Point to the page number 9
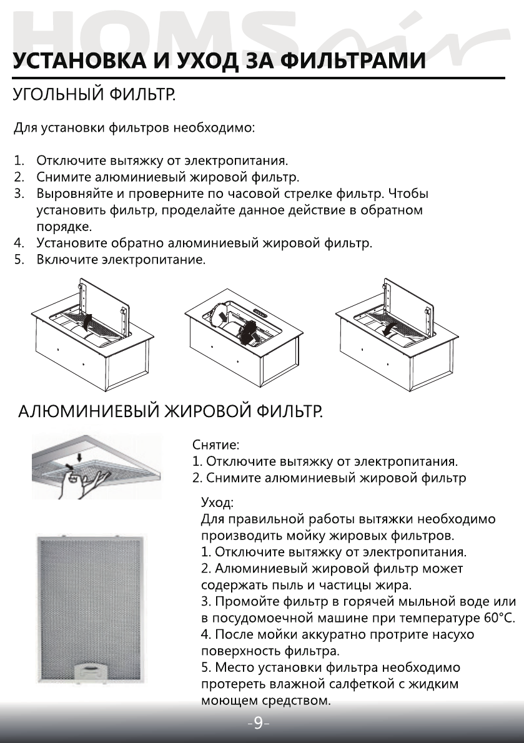tap(258, 724)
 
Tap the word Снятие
tap(215, 446)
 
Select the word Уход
tap(217, 503)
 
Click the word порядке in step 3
tap(64, 226)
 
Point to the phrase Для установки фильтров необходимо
tap(134, 129)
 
